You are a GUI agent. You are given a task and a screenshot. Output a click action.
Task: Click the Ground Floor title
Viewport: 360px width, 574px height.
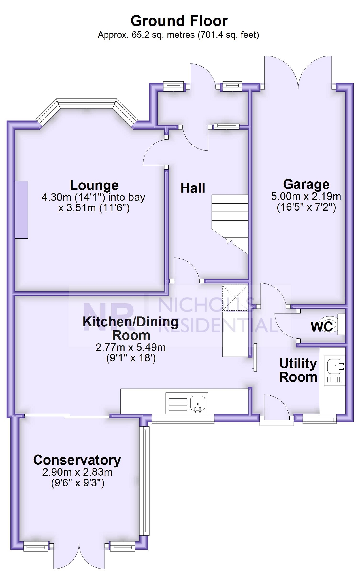pos(179,21)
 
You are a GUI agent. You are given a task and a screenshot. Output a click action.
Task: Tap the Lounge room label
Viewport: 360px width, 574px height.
pos(94,185)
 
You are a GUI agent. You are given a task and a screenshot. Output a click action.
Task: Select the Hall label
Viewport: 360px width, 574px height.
pos(193,188)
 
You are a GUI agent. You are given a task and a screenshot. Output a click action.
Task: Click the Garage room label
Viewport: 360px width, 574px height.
pos(306,185)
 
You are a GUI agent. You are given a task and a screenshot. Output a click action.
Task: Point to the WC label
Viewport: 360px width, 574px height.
pos(322,327)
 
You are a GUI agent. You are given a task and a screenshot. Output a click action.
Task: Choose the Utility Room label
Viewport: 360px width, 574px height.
pos(298,370)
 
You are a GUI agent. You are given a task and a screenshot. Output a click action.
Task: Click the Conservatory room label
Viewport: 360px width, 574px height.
pos(77,460)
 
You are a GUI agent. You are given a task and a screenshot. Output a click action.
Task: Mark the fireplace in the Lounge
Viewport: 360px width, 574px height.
pos(21,210)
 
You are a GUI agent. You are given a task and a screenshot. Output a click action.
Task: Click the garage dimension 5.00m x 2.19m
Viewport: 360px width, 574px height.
pos(306,196)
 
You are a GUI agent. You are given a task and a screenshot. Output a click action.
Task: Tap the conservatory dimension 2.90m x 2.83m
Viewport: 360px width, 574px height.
pos(77,472)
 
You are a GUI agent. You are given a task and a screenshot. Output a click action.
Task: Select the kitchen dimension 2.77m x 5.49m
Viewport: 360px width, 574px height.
pos(131,347)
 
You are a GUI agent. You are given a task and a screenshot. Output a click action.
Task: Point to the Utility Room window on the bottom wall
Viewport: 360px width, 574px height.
pos(319,419)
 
